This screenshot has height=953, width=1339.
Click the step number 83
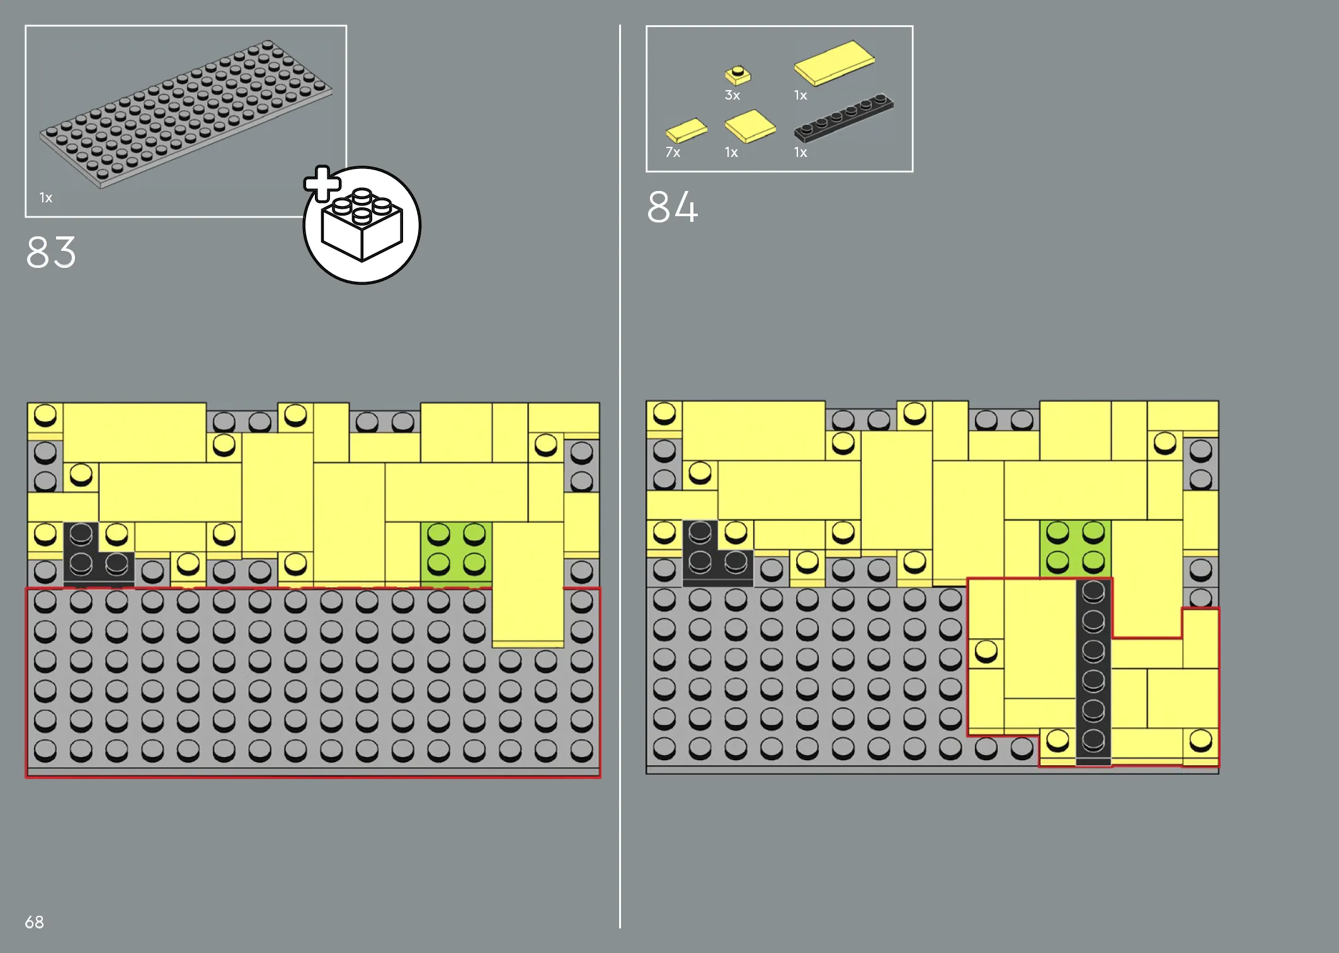(x=51, y=253)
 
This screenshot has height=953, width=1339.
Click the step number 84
(x=673, y=207)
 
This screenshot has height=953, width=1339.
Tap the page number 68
(x=34, y=922)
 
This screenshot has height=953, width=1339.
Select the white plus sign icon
(x=322, y=183)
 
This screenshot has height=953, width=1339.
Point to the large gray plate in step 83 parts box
(x=186, y=113)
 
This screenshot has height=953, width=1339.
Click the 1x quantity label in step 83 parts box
(x=46, y=198)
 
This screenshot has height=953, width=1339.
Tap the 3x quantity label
(x=732, y=96)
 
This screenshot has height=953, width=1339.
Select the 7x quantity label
(x=673, y=153)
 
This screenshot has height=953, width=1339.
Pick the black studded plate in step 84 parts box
(x=843, y=117)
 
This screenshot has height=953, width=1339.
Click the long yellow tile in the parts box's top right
(x=834, y=62)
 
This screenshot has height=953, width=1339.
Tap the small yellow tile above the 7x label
(x=687, y=130)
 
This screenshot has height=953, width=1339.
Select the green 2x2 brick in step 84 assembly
(x=1075, y=547)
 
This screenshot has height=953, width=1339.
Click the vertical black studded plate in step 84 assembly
(x=1093, y=672)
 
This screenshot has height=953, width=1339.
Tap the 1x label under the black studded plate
(x=801, y=153)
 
